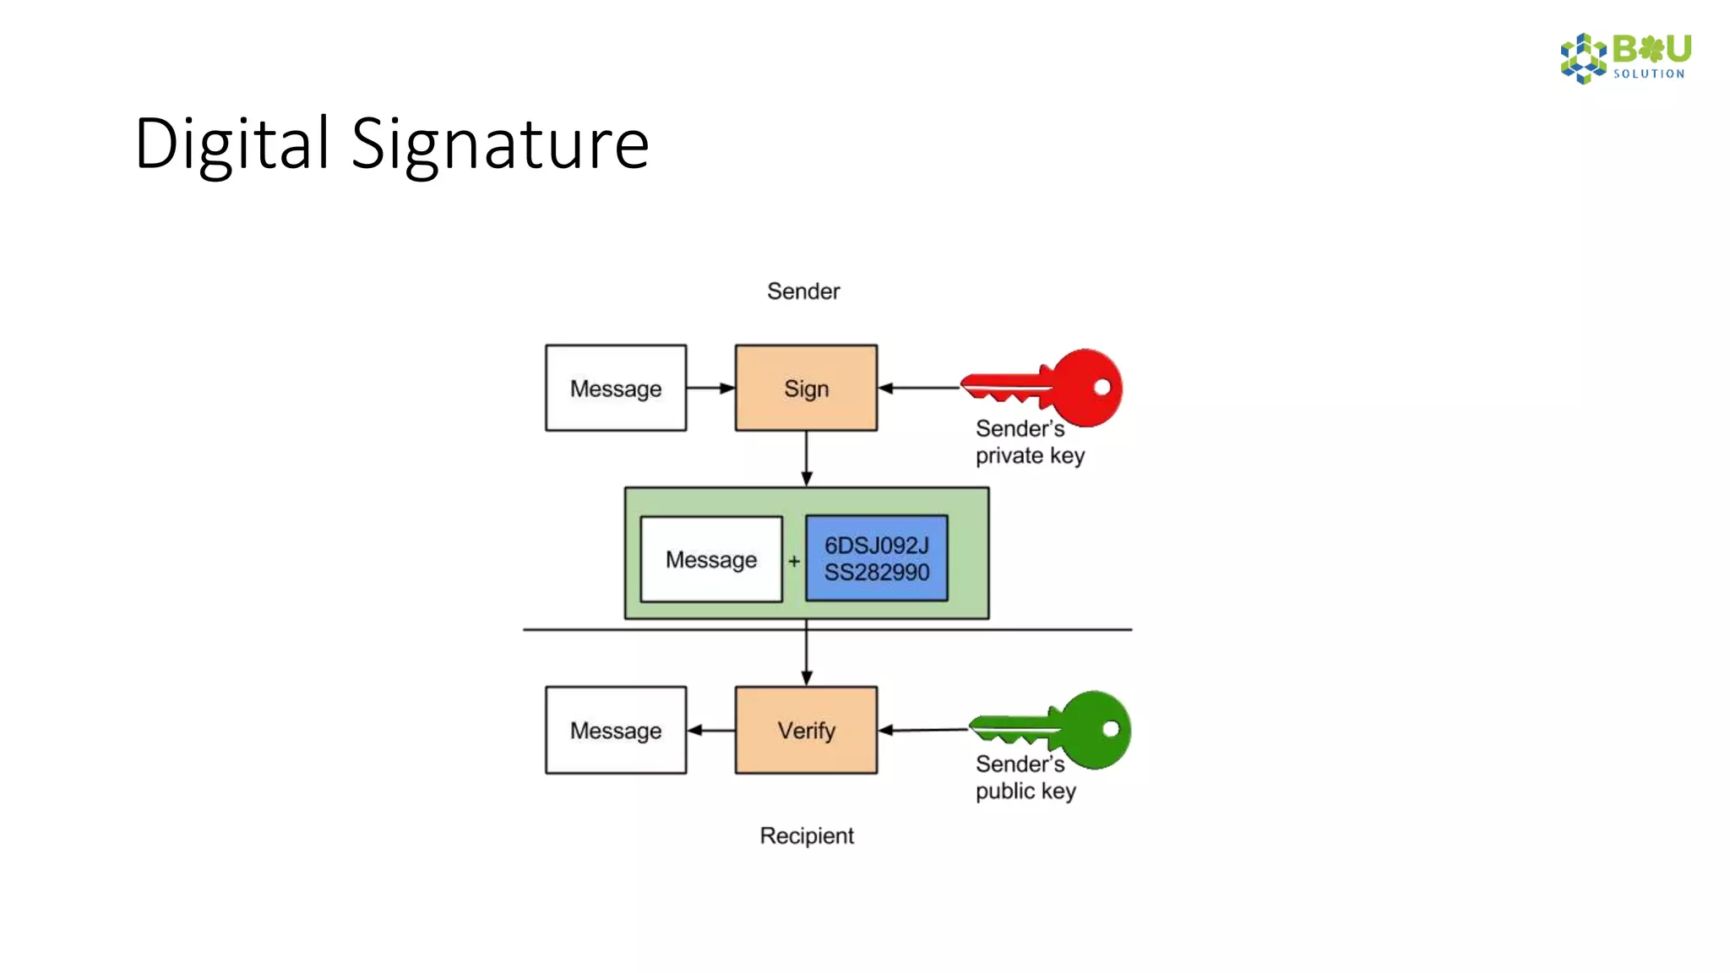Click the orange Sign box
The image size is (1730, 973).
pos(806,388)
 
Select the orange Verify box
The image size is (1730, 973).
pos(806,730)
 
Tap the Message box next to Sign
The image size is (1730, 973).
pos(616,388)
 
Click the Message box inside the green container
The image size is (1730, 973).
pos(711,559)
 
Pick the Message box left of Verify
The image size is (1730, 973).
pos(616,730)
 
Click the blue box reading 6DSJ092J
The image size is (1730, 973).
pos(877,558)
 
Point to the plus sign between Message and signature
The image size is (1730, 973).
pos(794,561)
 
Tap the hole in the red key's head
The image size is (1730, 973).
pos(1102,387)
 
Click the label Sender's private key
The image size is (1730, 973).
pos(1029,442)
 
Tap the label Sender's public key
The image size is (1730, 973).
pos(1025,777)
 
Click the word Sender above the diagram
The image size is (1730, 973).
pos(803,291)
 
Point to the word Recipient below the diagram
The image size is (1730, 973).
pos(807,835)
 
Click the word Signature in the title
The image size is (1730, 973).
pos(500,144)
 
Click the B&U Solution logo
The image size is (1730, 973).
pos(1625,57)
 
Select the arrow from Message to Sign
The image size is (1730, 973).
pos(710,388)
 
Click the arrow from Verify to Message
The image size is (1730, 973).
pos(710,730)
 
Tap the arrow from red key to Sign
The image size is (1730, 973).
pos(919,388)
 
